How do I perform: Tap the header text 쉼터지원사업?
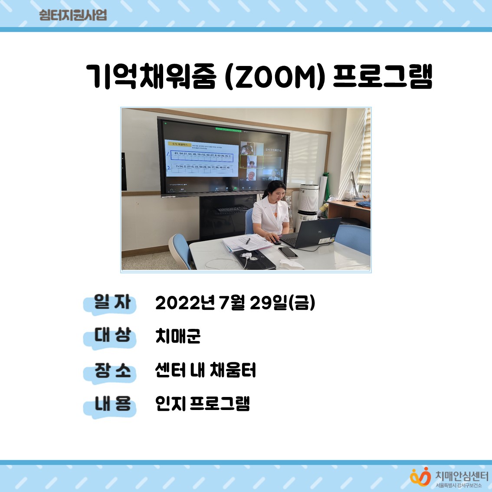(72, 15)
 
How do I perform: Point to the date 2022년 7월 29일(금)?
(235, 303)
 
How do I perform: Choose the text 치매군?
(178, 336)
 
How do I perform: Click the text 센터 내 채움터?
(206, 370)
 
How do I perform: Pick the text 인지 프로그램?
(203, 403)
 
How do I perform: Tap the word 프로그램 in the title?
(383, 77)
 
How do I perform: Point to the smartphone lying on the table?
(288, 253)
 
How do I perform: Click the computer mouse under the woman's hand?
(277, 242)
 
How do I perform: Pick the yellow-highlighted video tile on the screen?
(251, 162)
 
